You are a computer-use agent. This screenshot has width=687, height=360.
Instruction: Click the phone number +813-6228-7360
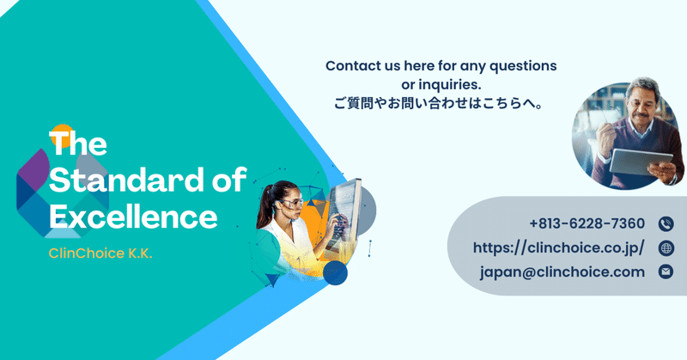pos(587,223)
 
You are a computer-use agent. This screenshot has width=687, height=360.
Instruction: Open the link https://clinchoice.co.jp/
pos(559,248)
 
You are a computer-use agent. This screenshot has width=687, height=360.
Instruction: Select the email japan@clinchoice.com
pos(562,272)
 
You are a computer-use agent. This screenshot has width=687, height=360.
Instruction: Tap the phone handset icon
pos(666,224)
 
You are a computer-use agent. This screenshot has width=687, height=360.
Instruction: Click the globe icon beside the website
pos(666,248)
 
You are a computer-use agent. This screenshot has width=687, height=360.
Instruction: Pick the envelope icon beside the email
pos(666,272)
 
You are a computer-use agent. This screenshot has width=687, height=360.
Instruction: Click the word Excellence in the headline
pos(133,217)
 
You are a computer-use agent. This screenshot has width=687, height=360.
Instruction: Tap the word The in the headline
pos(78,143)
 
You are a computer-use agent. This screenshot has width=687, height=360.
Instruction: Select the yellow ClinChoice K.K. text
pos(100,253)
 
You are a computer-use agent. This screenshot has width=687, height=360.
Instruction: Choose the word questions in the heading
pos(523,67)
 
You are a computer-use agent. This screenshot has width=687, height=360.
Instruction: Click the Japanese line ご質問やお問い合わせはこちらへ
pos(439,104)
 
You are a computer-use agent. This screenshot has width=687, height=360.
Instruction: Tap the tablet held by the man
pos(641,162)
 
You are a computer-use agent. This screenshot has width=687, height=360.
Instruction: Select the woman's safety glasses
pos(291,203)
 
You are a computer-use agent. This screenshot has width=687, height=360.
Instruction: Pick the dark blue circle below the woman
pos(335,272)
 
